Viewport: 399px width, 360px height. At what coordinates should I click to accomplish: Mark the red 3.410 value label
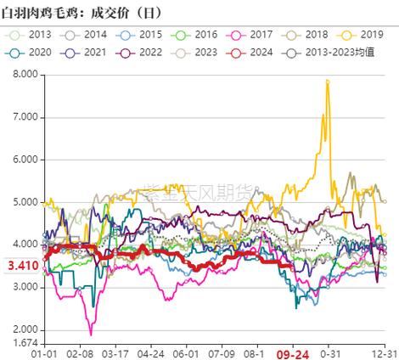pos(21,266)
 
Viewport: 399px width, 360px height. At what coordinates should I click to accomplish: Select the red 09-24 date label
pos(289,352)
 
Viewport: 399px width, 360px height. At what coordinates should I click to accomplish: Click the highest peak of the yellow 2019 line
pos(327,80)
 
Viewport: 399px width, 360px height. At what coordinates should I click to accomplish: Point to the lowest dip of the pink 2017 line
pos(90,335)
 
